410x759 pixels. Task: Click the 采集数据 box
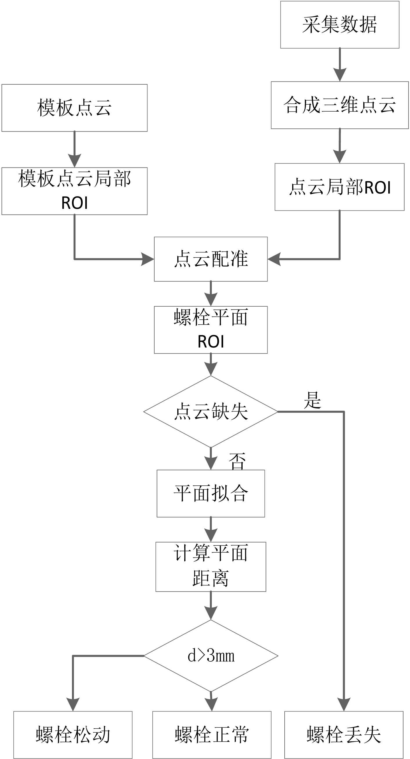pyautogui.click(x=339, y=24)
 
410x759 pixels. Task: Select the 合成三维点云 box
pyautogui.click(x=339, y=105)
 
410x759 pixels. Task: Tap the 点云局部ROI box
pyautogui.click(x=339, y=187)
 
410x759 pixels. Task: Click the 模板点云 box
pyautogui.click(x=74, y=108)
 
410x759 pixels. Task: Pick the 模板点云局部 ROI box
pyautogui.click(x=74, y=191)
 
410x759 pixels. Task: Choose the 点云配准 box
pyautogui.click(x=211, y=259)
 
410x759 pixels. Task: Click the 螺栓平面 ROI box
pyautogui.click(x=211, y=330)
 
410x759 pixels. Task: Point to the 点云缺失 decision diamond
pyautogui.click(x=211, y=411)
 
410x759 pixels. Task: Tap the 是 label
pyautogui.click(x=313, y=400)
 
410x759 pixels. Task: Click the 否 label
pyautogui.click(x=237, y=461)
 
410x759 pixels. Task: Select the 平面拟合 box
pyautogui.click(x=211, y=494)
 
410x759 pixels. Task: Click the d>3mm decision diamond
pyautogui.click(x=211, y=656)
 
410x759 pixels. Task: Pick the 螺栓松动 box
pyautogui.click(x=73, y=735)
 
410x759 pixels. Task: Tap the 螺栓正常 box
pyautogui.click(x=212, y=735)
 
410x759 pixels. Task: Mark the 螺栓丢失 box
pyautogui.click(x=344, y=735)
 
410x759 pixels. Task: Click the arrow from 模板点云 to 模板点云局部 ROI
pyautogui.click(x=74, y=149)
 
